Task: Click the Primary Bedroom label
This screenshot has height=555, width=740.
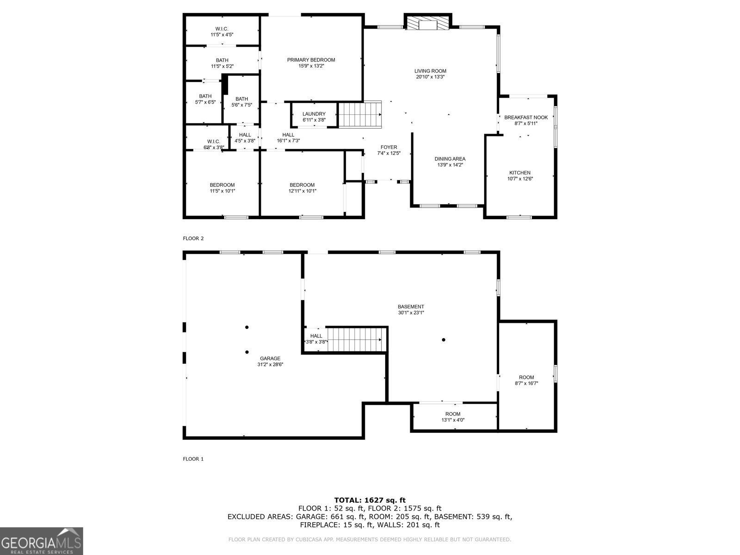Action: (311, 60)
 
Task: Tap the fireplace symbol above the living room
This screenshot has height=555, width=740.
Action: (428, 22)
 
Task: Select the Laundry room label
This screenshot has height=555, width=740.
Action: (314, 114)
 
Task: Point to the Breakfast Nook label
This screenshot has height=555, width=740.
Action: (526, 117)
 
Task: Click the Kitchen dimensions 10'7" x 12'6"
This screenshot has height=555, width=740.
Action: (520, 179)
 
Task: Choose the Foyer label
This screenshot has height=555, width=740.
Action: (388, 147)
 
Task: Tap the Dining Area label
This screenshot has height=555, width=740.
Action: (450, 159)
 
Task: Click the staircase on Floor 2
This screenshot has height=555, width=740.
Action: (360, 115)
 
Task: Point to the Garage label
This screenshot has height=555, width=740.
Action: (270, 358)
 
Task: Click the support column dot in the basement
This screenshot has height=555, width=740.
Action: (444, 339)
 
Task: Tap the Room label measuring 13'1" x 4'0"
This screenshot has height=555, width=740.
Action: (453, 414)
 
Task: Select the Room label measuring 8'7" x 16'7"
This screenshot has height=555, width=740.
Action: (526, 377)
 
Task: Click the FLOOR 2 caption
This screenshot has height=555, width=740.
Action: (193, 239)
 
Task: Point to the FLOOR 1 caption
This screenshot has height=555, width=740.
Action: (193, 459)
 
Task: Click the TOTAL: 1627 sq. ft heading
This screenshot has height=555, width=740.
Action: (370, 500)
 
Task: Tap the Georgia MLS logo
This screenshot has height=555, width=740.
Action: (41, 541)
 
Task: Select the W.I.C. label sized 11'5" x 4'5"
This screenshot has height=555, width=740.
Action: (222, 29)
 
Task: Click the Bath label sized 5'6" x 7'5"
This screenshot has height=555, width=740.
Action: (242, 99)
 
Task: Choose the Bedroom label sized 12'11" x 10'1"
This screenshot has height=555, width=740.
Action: (302, 185)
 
